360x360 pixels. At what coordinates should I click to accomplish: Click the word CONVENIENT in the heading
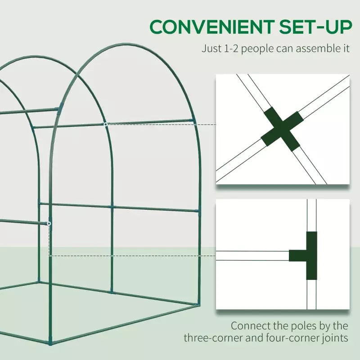coord(212,27)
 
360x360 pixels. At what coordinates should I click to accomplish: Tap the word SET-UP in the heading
coord(315,27)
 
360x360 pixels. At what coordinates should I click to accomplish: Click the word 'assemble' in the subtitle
coord(315,49)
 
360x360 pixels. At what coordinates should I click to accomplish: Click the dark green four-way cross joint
coord(282,129)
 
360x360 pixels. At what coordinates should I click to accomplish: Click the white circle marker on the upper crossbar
coord(106,124)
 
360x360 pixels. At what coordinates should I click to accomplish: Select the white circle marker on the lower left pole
coord(49,223)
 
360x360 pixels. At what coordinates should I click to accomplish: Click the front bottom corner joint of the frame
coord(50,342)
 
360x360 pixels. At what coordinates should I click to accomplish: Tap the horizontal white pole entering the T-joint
coord(252,256)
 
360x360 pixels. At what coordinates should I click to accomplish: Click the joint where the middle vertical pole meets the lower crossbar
coord(112,207)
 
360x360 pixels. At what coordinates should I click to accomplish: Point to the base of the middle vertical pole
coord(112,292)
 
